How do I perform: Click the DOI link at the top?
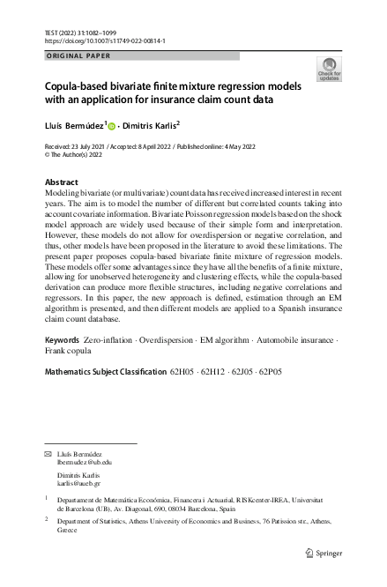click(106, 41)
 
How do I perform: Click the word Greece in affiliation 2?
click(66, 531)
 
